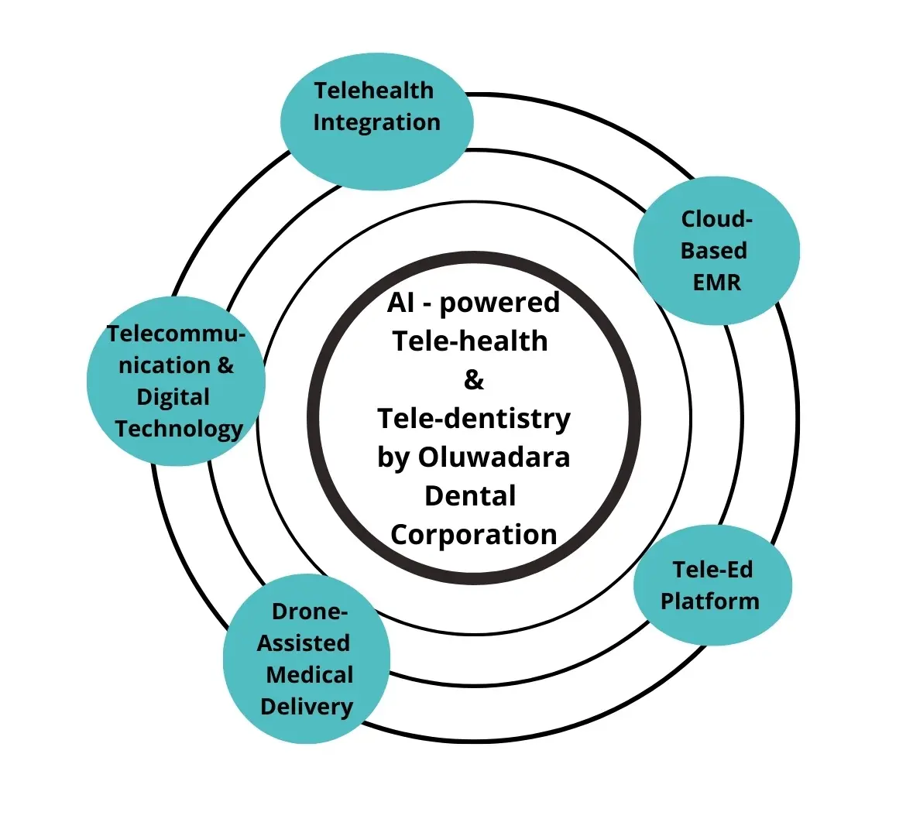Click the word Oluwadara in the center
click(x=494, y=457)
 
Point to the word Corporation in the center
click(x=473, y=535)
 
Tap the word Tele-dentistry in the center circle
click(x=473, y=419)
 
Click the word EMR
click(x=716, y=283)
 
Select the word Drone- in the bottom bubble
click(x=309, y=612)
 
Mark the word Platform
click(x=709, y=601)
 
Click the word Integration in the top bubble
click(x=376, y=122)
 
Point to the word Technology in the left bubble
click(x=179, y=429)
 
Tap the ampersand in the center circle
click(x=473, y=380)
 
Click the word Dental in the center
click(x=470, y=496)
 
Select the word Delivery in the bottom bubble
click(x=306, y=707)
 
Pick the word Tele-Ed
click(x=712, y=570)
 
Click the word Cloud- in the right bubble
click(x=716, y=219)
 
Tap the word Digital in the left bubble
click(x=173, y=397)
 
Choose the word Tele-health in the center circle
click(x=470, y=341)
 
